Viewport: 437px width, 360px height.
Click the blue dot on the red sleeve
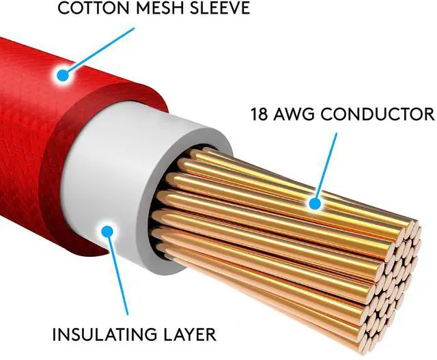click(x=64, y=74)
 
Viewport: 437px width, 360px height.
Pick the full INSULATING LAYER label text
click(x=134, y=335)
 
